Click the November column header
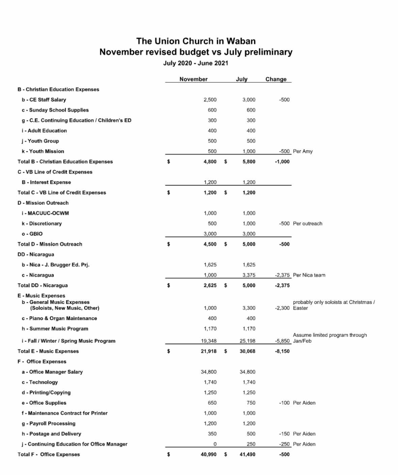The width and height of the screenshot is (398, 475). coord(193,79)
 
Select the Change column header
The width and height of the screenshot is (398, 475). coord(276,79)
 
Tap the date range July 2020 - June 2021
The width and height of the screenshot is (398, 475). coord(195,63)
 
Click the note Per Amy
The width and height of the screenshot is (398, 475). coord(303,151)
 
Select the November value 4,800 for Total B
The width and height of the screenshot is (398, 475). coord(210,162)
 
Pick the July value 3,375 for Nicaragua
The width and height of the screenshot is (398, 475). coord(249,275)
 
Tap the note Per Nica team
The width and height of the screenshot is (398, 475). coord(309,275)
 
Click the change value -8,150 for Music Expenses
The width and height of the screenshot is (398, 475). coord(282,351)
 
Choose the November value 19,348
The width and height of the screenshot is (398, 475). coord(209,341)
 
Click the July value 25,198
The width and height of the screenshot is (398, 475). coord(247,341)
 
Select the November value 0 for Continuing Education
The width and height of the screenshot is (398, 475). coord(215,444)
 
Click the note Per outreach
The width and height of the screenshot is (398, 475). coord(307,224)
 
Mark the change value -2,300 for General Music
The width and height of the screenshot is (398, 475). coord(282,308)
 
